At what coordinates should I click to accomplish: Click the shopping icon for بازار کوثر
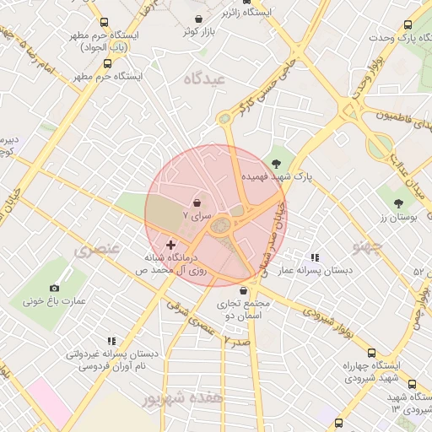tap(198, 19)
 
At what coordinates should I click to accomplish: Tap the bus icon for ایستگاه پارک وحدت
tap(408, 26)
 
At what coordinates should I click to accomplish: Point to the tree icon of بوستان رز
tap(397, 203)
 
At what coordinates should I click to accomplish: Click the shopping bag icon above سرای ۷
tap(197, 203)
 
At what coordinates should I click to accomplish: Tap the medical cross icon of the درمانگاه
tap(171, 244)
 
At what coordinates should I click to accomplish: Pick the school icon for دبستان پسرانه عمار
tap(315, 257)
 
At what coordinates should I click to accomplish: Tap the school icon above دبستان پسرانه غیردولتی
tap(111, 341)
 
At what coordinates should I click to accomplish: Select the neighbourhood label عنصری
tap(97, 250)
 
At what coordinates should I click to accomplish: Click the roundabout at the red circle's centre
tap(222, 224)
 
